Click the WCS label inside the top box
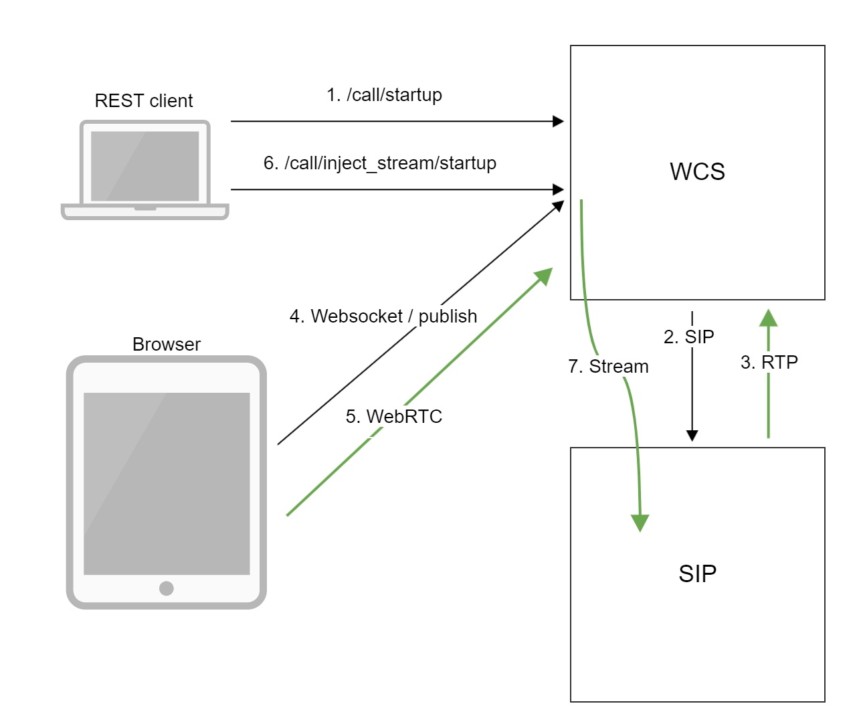click(x=697, y=172)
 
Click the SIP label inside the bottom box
click(x=697, y=574)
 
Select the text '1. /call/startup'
click(x=384, y=95)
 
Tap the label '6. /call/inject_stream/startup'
click(x=379, y=163)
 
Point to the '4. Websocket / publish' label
click(x=383, y=316)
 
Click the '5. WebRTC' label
click(x=393, y=416)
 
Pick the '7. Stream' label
click(x=608, y=367)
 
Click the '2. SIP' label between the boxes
click(x=688, y=337)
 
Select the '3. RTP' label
click(x=769, y=363)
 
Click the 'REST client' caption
click(x=143, y=101)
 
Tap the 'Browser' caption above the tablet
click(x=166, y=345)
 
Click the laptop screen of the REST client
click(x=145, y=165)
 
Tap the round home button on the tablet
click(x=167, y=588)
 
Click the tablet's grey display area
click(x=167, y=483)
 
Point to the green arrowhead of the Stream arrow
click(x=640, y=523)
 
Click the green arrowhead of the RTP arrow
click(x=768, y=317)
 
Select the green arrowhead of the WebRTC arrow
click(x=545, y=275)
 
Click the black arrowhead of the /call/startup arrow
click(x=558, y=121)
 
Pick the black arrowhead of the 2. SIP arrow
click(x=692, y=436)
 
